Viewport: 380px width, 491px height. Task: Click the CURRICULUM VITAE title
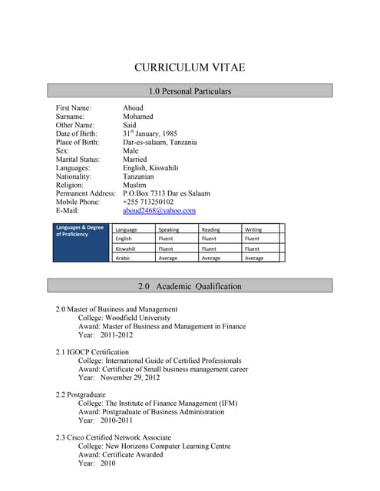[x=190, y=68]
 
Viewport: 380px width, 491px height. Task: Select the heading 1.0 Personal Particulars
[x=190, y=91]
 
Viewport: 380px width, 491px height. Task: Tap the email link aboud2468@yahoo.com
[x=159, y=210]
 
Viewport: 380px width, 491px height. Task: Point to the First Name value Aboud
[x=133, y=108]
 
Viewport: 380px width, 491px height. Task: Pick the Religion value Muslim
[x=134, y=185]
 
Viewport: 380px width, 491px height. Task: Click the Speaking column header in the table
[x=168, y=229]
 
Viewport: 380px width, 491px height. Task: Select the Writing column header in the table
[x=253, y=229]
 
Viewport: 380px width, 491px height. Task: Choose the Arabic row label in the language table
[x=123, y=258]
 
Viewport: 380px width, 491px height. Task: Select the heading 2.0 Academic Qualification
[x=190, y=286]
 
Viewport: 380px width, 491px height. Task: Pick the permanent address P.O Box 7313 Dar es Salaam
[x=166, y=193]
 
